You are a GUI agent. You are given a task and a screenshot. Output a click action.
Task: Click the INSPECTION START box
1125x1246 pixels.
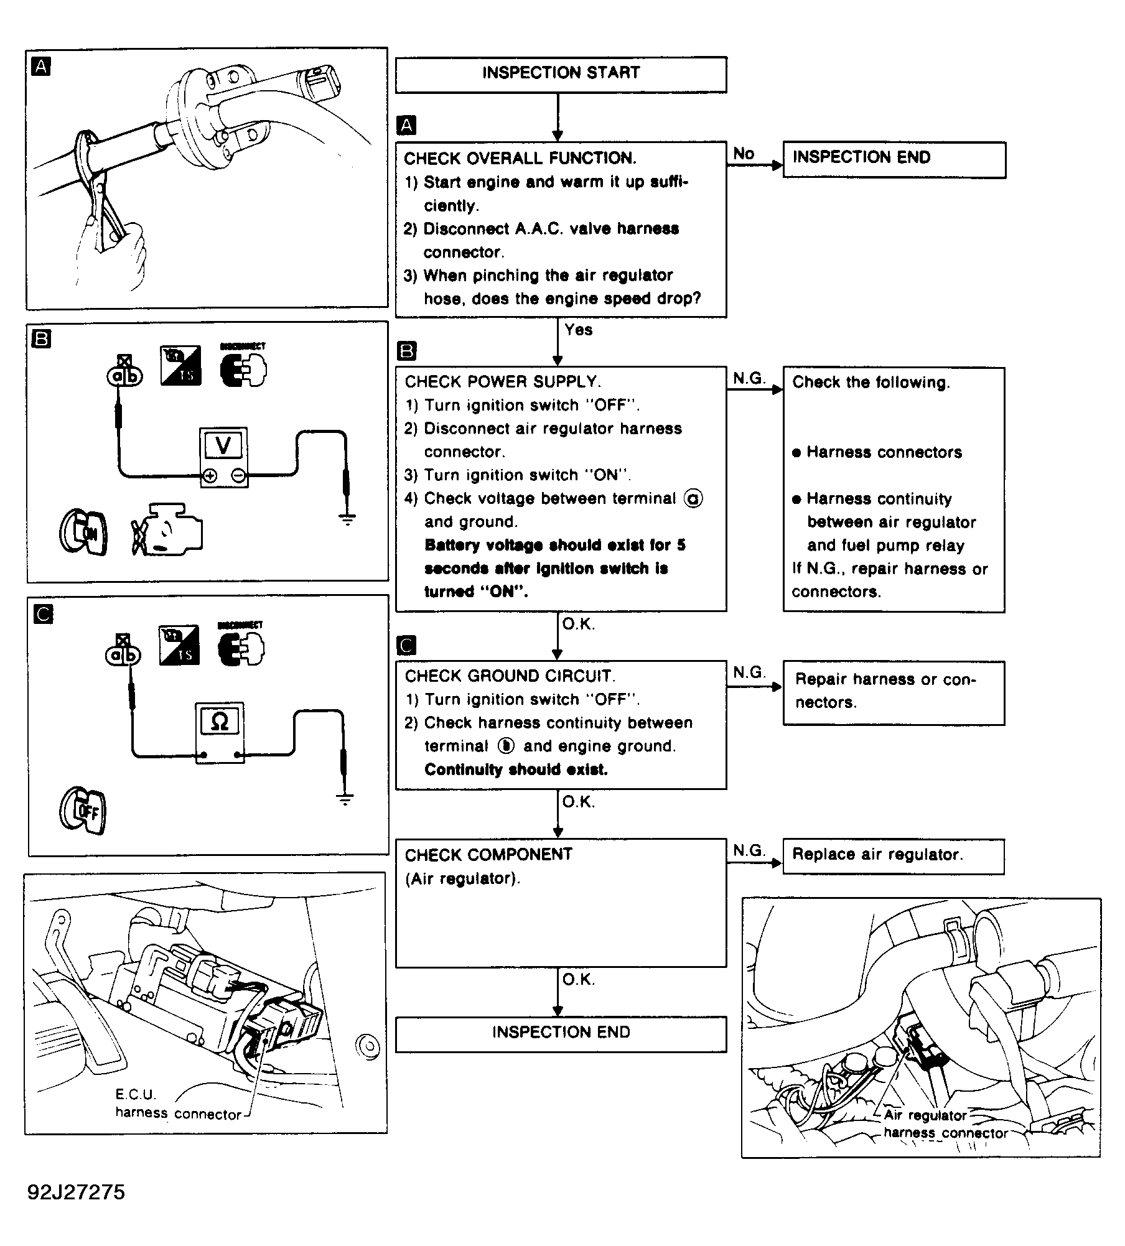pos(561,74)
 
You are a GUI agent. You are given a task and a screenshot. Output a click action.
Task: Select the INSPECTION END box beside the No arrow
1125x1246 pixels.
pos(894,159)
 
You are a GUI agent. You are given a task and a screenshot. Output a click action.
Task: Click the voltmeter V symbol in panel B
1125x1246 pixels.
pos(223,445)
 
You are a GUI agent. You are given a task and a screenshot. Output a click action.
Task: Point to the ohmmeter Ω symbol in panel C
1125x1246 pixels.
pos(220,722)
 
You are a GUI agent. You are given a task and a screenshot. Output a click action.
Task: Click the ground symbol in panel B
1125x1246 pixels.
pos(347,518)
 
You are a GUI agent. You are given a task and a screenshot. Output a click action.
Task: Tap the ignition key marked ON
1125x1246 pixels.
pos(84,532)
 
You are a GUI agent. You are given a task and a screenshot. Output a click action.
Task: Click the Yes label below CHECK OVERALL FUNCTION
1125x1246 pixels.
pos(578,330)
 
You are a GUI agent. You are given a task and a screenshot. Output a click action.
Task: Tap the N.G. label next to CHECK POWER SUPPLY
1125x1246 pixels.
pos(749,378)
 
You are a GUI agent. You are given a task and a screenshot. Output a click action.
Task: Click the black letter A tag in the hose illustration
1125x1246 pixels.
pos(41,67)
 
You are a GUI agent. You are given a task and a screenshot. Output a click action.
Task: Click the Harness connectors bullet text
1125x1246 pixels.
pos(884,452)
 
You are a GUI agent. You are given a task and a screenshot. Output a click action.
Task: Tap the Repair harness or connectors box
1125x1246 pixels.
pos(894,692)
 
